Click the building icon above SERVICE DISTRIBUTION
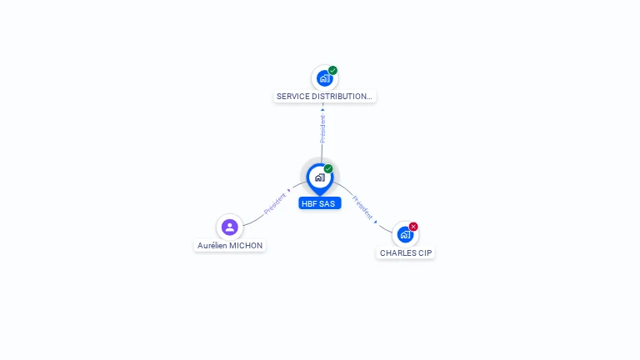[324, 78]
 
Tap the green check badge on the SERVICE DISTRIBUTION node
[332, 70]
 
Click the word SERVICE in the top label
[292, 97]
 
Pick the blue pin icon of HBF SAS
[320, 179]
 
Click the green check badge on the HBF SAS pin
[328, 168]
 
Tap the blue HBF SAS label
[320, 203]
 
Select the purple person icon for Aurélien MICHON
[230, 227]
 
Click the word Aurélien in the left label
[212, 246]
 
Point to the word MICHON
[246, 246]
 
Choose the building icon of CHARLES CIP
[405, 235]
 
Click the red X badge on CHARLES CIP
[413, 227]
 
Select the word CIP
[425, 253]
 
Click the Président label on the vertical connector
[322, 128]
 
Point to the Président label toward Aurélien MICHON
[275, 203]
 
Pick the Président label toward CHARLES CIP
[362, 207]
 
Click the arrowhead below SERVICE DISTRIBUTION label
[322, 109]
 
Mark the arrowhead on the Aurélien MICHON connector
[289, 190]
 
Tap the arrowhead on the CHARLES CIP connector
[376, 222]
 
